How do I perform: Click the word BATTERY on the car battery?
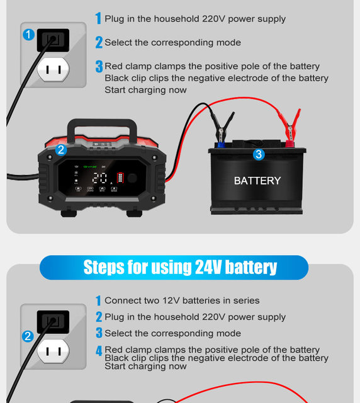coord(257,181)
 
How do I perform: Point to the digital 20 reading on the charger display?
coord(100,178)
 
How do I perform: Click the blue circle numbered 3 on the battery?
coord(258,154)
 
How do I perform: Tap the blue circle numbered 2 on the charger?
coord(61,150)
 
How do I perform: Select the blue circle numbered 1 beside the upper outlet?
coord(28,35)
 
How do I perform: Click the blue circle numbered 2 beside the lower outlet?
coord(28,336)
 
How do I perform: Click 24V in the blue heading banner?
coord(188,267)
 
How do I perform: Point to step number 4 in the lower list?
coord(99,351)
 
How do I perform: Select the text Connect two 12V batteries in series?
coord(182,301)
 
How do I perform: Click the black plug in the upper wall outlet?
coord(53,40)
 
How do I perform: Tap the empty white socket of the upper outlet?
coord(53,69)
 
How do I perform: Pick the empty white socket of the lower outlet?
coord(53,351)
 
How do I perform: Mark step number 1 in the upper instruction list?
coord(98,19)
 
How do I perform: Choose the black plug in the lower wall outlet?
coord(53,322)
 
